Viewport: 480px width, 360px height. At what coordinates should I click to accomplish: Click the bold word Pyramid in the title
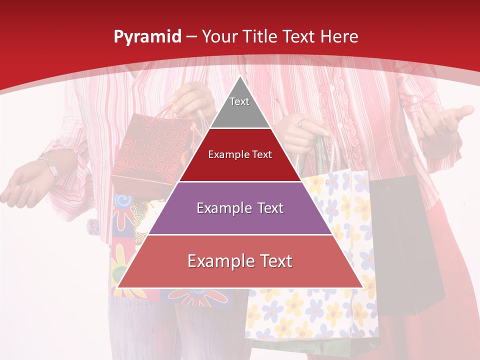pyautogui.click(x=147, y=37)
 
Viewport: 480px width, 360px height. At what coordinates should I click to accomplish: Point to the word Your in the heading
pyautogui.click(x=219, y=37)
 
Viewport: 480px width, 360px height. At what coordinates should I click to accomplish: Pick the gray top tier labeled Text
pyautogui.click(x=239, y=107)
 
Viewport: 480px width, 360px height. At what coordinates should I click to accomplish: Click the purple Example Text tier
pyautogui.click(x=240, y=208)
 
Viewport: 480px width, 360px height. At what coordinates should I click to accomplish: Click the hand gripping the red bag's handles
pyautogui.click(x=192, y=97)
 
